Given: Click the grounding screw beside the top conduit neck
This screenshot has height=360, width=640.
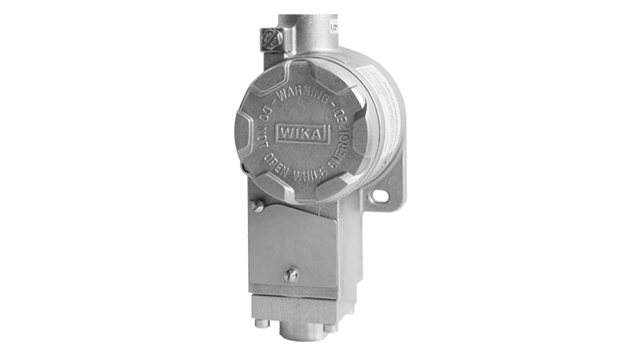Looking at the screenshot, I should (271, 38).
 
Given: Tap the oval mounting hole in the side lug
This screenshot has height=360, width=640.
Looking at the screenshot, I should (378, 197).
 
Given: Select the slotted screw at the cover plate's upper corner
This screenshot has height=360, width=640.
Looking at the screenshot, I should (257, 206).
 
